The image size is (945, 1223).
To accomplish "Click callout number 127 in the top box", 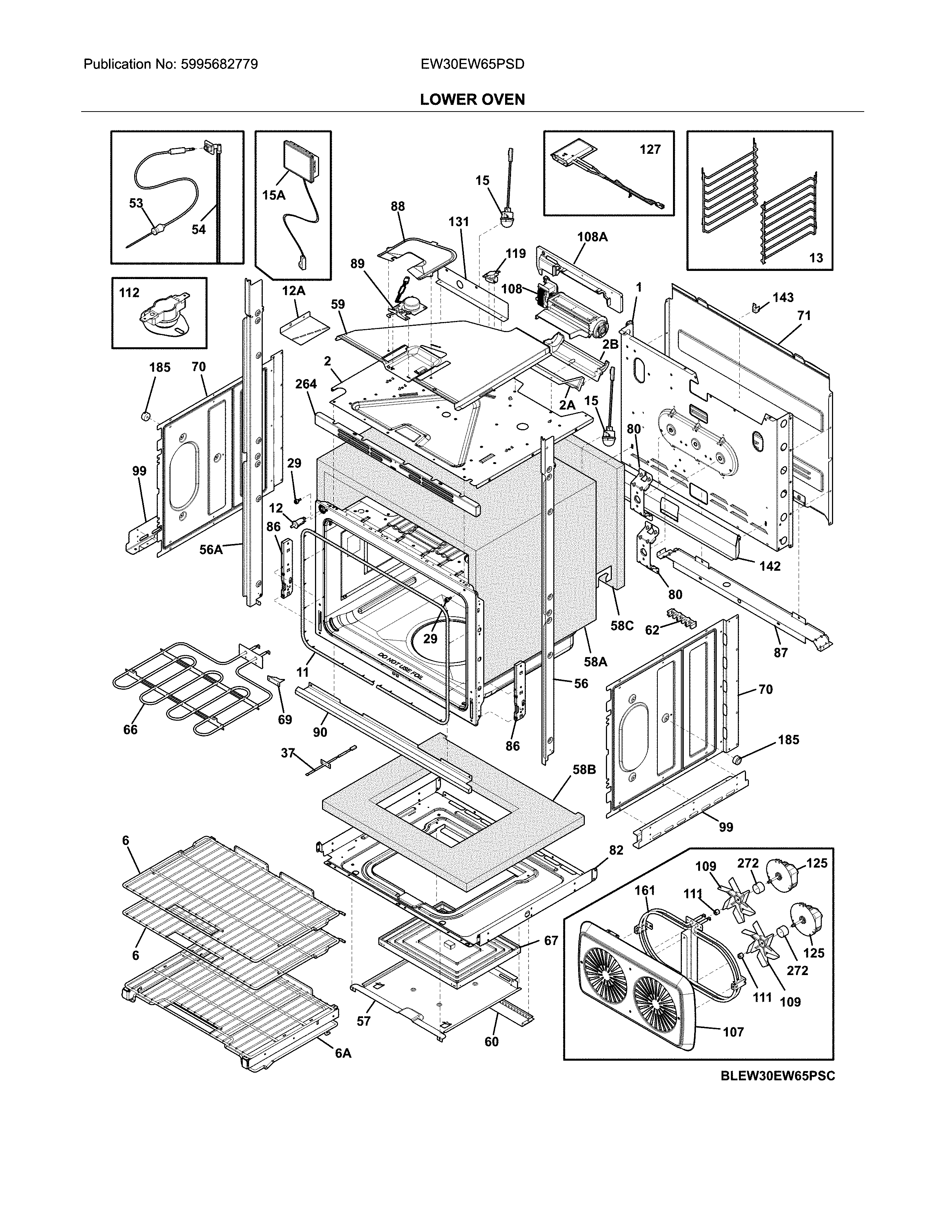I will [x=650, y=149].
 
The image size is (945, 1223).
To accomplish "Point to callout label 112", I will [x=129, y=293].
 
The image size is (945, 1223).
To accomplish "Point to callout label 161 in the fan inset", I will [x=644, y=890].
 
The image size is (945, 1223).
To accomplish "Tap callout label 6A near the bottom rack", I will [x=343, y=1053].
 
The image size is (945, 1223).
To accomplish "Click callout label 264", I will [x=306, y=384].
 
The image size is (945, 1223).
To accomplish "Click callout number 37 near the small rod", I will [x=288, y=753].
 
